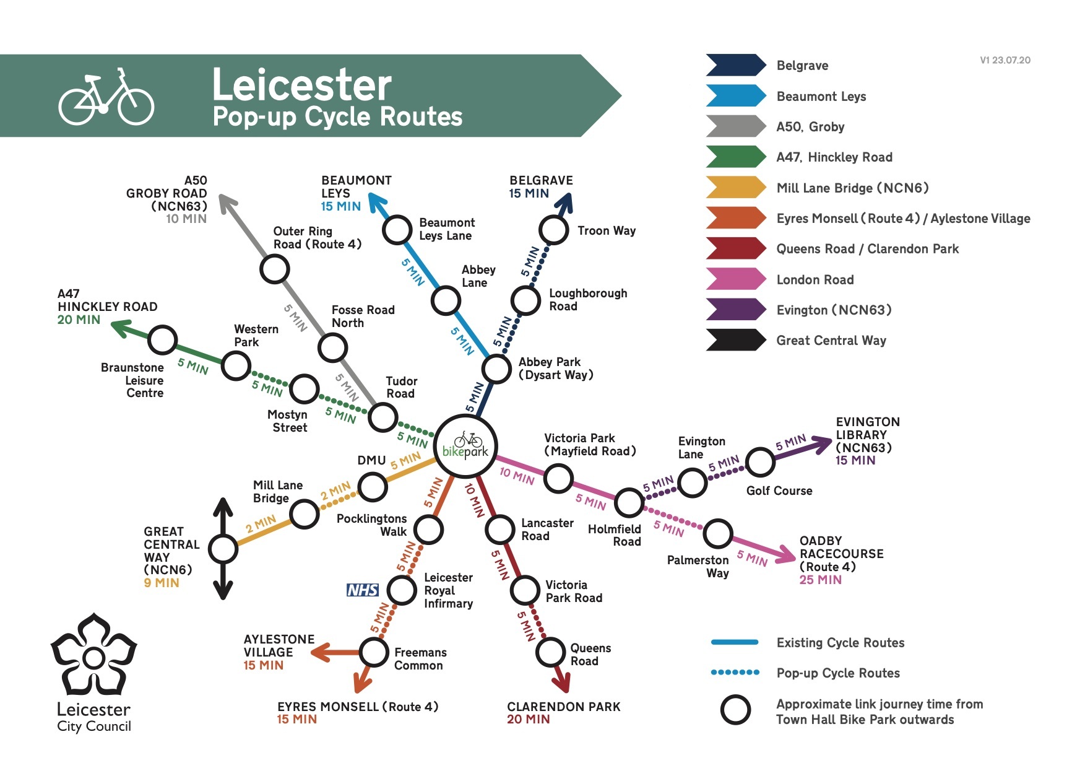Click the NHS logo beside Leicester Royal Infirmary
363,590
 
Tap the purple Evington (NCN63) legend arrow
736,310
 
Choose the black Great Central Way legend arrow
736,340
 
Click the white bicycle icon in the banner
106,97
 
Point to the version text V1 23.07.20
1005,60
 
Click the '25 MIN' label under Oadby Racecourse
820,580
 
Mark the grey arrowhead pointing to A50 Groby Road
227,203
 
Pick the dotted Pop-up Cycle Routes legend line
735,673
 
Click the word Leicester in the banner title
302,85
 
